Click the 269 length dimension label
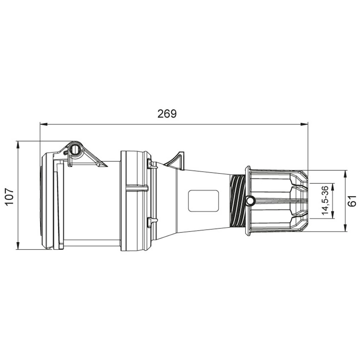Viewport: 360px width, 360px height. (x=167, y=114)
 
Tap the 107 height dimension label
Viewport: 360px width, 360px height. (x=10, y=197)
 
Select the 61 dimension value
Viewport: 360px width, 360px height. (x=352, y=201)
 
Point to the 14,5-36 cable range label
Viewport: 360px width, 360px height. (x=325, y=201)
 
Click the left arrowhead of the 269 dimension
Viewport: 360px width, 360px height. (x=44, y=124)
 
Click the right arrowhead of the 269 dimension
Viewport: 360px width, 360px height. (x=304, y=124)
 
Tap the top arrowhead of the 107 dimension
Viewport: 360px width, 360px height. (x=17, y=145)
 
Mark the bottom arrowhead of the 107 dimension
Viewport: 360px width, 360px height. (x=17, y=246)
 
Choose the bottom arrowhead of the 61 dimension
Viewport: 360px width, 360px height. (x=345, y=228)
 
